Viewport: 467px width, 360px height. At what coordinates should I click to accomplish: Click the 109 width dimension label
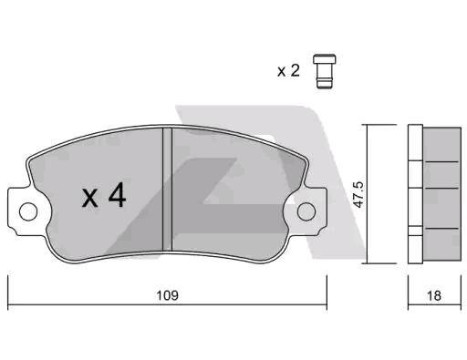[167, 295]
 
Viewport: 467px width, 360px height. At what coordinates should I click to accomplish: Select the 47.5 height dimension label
[359, 195]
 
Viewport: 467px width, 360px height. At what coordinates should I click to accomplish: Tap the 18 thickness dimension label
[434, 295]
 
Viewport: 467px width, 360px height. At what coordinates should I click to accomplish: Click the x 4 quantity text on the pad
[104, 195]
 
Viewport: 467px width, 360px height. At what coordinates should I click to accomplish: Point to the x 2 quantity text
[288, 71]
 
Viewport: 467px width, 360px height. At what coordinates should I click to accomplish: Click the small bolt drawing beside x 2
[325, 71]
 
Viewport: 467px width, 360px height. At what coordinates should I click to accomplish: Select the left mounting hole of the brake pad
[28, 211]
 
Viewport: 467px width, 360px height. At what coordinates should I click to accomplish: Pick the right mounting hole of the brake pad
[306, 211]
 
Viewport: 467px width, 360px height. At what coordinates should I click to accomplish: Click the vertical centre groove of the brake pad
[167, 189]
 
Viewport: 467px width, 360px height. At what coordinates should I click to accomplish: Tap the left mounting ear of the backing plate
[19, 211]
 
